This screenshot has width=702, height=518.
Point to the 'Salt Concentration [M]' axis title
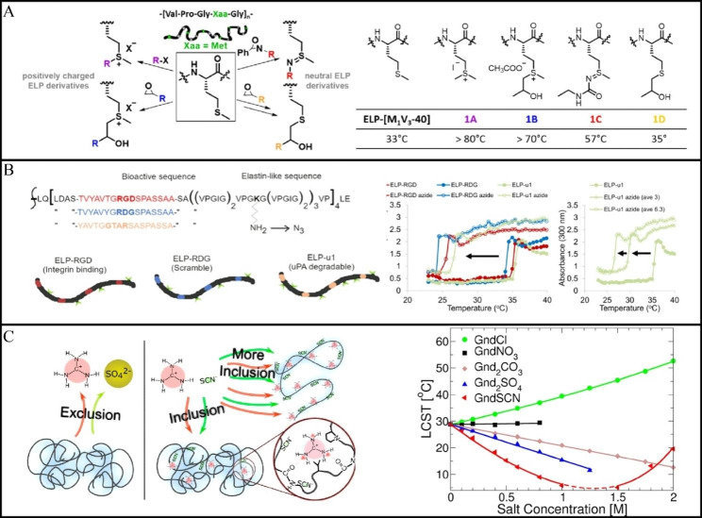pyautogui.click(x=571, y=510)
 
